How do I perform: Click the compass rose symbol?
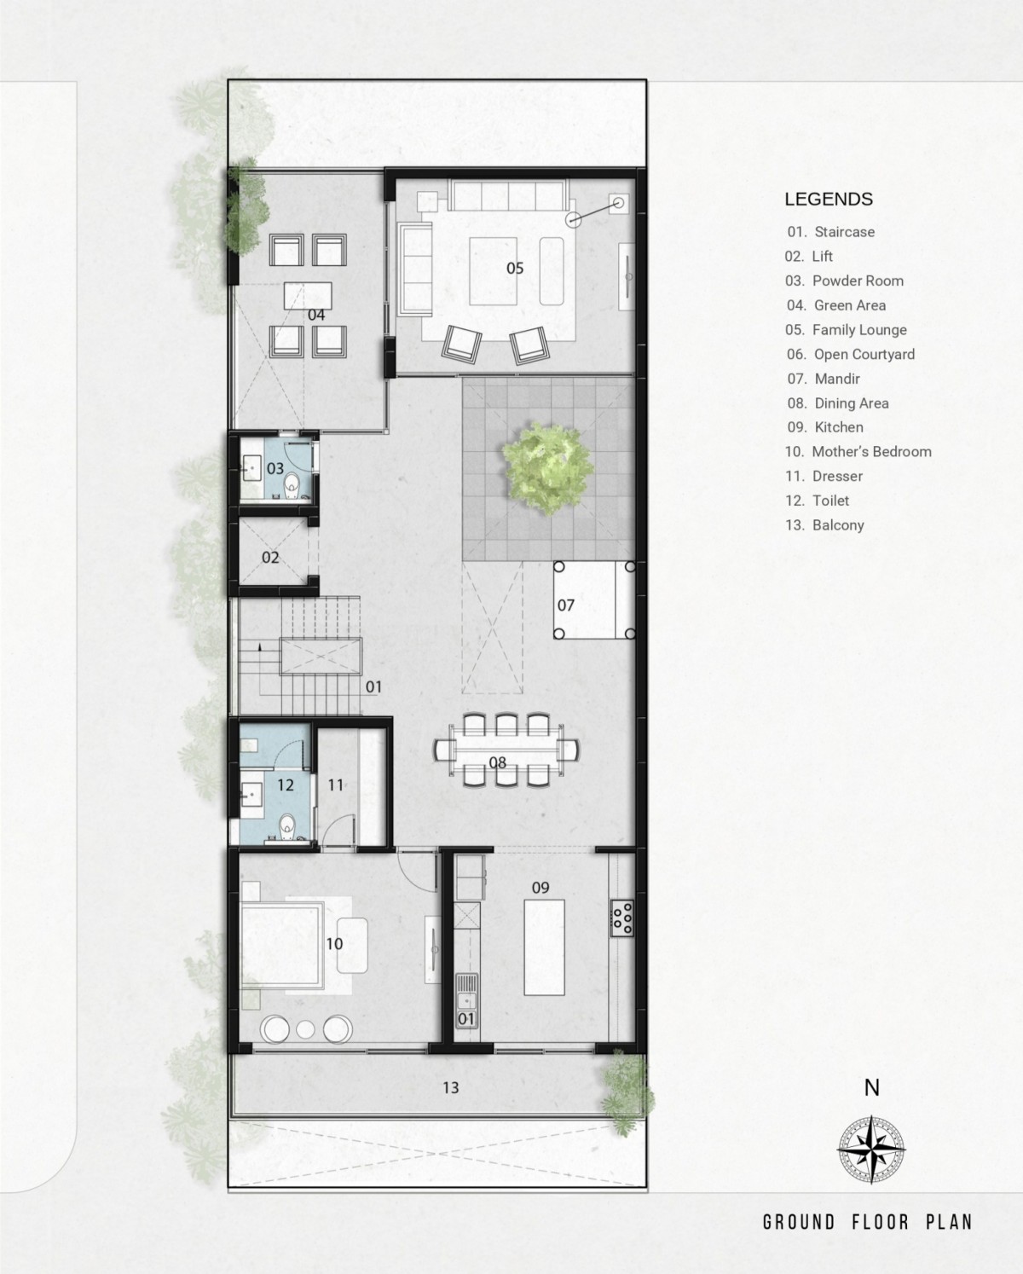871,1149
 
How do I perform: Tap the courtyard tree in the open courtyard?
547,469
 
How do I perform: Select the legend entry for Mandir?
824,379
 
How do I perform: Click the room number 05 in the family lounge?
515,268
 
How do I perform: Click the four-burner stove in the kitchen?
622,918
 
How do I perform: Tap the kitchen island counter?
544,947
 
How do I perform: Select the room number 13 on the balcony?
450,1087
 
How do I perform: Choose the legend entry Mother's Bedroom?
858,452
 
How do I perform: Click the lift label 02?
270,557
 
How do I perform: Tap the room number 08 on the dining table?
497,762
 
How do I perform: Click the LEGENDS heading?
829,199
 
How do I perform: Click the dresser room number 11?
336,785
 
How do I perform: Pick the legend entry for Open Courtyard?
851,354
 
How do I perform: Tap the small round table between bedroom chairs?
305,1029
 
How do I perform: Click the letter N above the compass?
871,1087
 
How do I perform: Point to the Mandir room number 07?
566,605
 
